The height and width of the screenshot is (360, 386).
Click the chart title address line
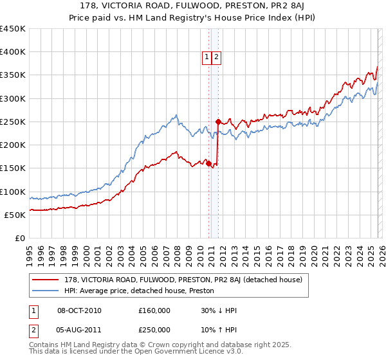click(193, 6)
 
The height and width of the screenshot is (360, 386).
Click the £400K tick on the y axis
click(13, 52)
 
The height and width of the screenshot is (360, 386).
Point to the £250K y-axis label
click(13, 122)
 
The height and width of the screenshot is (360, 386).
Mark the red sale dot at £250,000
click(218, 122)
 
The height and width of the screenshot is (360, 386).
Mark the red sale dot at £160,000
click(209, 163)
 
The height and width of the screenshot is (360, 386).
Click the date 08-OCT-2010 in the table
click(79, 310)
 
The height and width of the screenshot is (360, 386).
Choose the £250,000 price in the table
click(154, 330)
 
